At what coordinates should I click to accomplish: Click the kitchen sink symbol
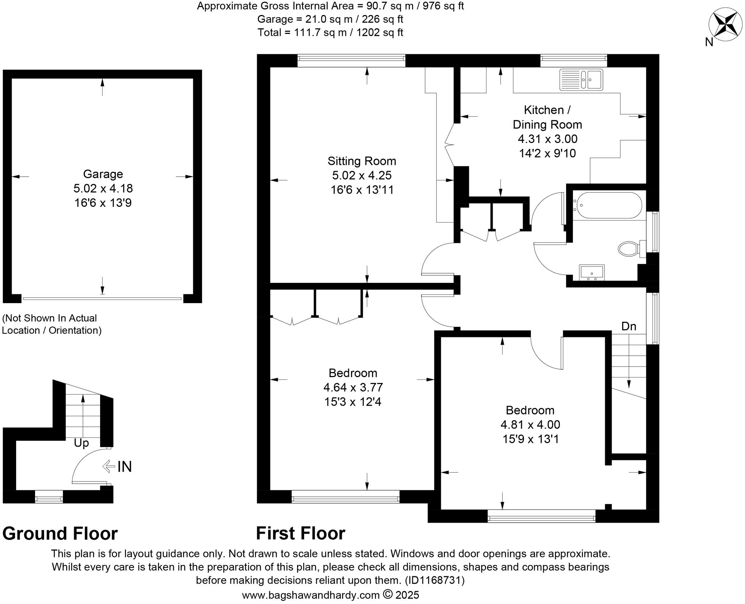tap(581, 80)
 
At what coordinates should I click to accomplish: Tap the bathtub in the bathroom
tap(607, 205)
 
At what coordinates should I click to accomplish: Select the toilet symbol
tap(629, 249)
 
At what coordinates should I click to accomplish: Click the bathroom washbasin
tap(592, 272)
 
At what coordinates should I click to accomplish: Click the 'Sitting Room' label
tap(362, 161)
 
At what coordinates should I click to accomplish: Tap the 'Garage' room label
tap(103, 174)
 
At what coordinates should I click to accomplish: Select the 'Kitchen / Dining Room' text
tap(547, 117)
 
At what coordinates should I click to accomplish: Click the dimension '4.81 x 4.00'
tap(530, 425)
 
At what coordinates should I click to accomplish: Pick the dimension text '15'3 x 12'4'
tap(353, 402)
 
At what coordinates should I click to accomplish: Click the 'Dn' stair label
tap(629, 326)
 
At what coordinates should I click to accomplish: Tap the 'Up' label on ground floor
tap(81, 443)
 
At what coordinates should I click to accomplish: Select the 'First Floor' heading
tap(300, 533)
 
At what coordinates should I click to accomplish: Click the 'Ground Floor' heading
tap(60, 533)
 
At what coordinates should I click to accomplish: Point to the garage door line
tap(102, 299)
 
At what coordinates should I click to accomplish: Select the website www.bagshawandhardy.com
tap(310, 595)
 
